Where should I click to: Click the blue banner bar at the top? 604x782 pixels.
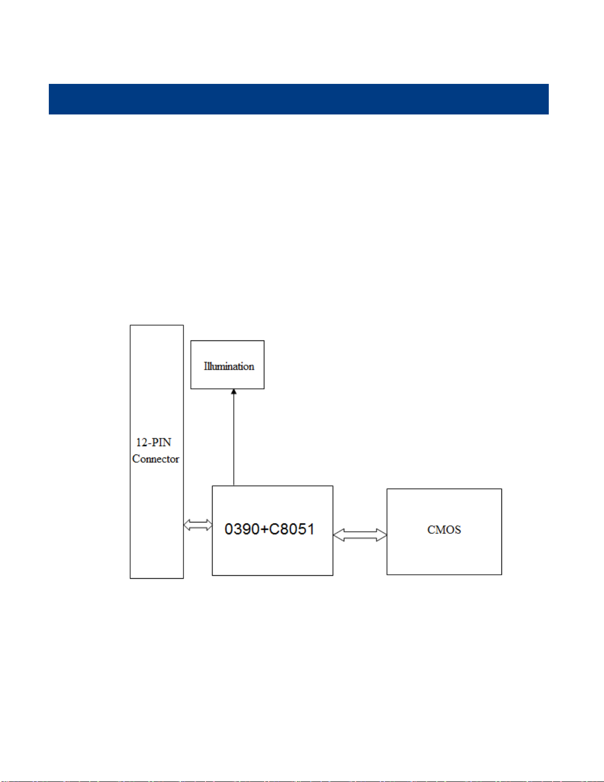298,99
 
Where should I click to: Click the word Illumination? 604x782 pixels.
229,366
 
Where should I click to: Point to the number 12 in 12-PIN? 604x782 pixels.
142,443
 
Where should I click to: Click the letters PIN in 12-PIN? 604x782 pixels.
161,443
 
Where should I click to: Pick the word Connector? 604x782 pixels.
156,459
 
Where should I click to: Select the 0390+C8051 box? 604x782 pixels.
272,553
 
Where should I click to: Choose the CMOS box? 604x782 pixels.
444,553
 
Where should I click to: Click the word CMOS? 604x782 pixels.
444,530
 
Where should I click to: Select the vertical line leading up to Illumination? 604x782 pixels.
234,439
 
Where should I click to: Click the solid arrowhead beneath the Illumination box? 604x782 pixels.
234,392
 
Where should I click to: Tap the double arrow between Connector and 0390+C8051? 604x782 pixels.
198,525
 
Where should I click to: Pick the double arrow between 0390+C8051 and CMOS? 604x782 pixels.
360,535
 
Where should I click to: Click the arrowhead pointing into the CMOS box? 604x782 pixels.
382,535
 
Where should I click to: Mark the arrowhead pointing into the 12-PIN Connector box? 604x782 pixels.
187,525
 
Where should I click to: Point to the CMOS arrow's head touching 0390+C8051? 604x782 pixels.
339,535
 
